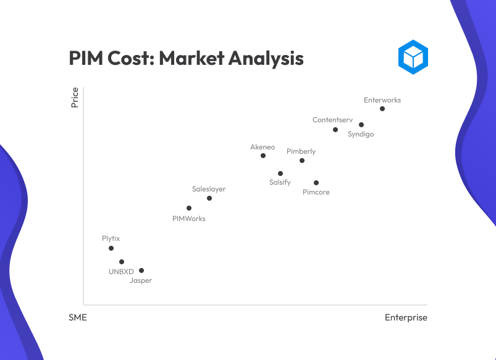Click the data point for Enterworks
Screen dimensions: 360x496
pyautogui.click(x=382, y=109)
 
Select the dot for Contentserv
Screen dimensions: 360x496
pyautogui.click(x=335, y=130)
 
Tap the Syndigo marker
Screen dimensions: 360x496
pyautogui.click(x=361, y=125)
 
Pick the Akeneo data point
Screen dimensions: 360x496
pyautogui.click(x=263, y=156)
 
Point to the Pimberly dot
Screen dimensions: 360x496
pyautogui.click(x=302, y=161)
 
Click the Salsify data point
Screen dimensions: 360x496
pyautogui.click(x=280, y=174)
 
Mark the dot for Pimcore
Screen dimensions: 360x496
pyautogui.click(x=316, y=183)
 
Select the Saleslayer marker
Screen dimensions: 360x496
pyautogui.click(x=209, y=198)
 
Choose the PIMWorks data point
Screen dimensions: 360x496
pyautogui.click(x=189, y=208)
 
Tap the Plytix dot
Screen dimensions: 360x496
pyautogui.click(x=111, y=248)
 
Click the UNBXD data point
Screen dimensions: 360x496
pyautogui.click(x=122, y=262)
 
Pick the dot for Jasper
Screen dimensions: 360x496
pyautogui.click(x=141, y=270)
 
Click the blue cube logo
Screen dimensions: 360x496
pyautogui.click(x=413, y=57)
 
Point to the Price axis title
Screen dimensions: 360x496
pyautogui.click(x=75, y=98)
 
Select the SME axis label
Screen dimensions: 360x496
pyautogui.click(x=78, y=317)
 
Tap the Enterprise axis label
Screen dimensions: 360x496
pyautogui.click(x=406, y=317)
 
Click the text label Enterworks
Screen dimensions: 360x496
pyautogui.click(x=382, y=100)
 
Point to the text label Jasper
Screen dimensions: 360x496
pyautogui.click(x=141, y=280)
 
